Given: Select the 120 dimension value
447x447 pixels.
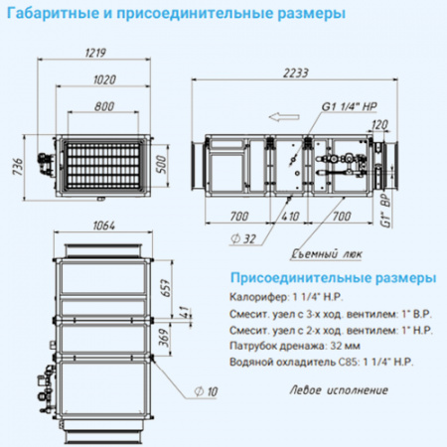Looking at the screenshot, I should pyautogui.click(x=376, y=125).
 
